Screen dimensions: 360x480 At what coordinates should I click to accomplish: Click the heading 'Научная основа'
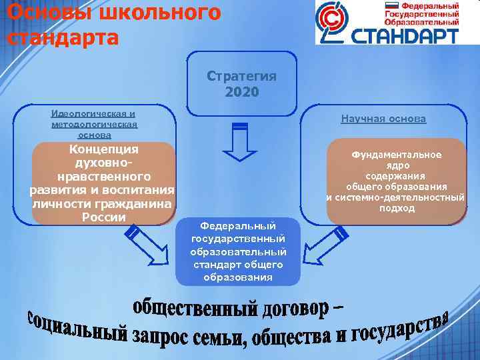[383, 119]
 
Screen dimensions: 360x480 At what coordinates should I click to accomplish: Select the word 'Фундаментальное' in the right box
[397, 155]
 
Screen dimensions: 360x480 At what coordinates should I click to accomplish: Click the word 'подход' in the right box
[397, 208]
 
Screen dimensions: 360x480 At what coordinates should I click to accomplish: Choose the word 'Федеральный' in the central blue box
[238, 225]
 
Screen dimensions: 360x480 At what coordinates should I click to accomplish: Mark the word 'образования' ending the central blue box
[238, 277]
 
